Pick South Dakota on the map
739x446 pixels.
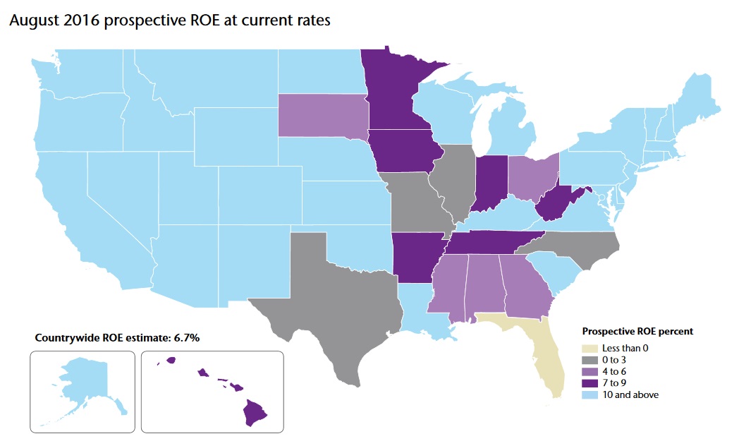tap(321, 114)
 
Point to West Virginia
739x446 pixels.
tap(557, 206)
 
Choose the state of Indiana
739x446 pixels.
tap(489, 182)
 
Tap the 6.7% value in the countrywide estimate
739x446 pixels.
tap(185, 338)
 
